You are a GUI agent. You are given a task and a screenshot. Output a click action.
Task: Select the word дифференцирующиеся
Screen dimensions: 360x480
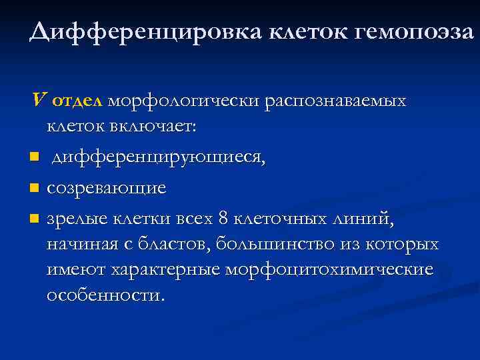click(x=159, y=157)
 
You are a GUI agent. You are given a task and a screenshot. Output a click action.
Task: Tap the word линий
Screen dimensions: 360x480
click(x=364, y=219)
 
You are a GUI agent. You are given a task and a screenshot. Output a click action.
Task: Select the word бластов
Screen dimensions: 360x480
click(x=171, y=244)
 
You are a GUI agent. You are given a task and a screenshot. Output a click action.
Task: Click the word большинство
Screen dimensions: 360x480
click(x=271, y=244)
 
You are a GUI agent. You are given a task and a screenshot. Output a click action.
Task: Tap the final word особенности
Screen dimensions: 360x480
click(x=105, y=295)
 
